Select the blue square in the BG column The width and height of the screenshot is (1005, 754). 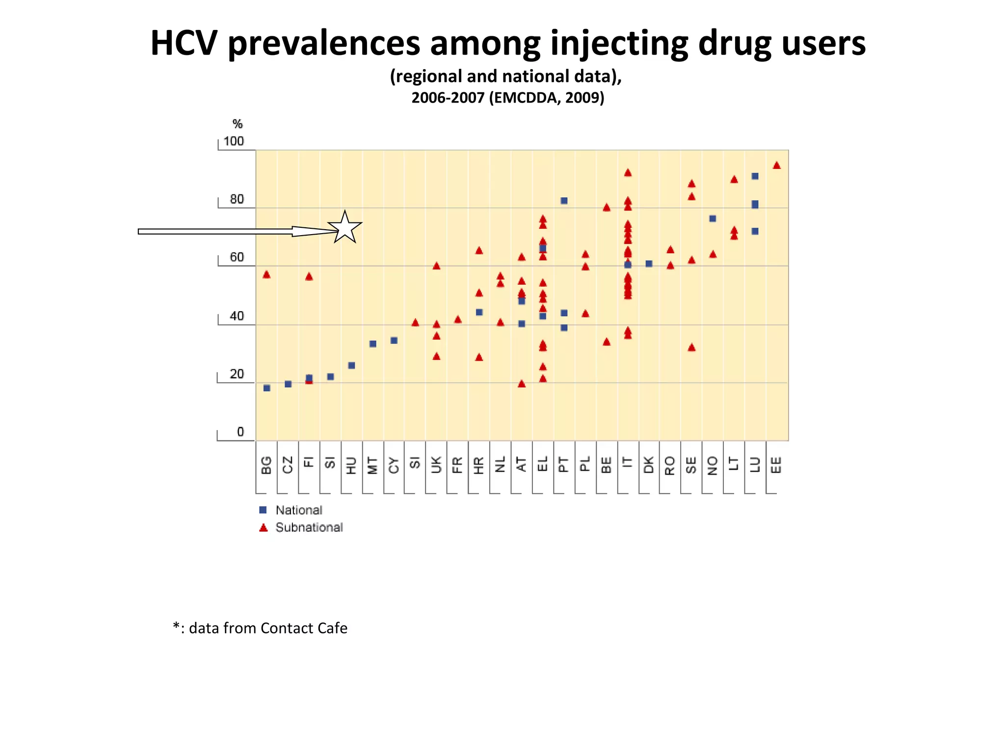click(x=267, y=388)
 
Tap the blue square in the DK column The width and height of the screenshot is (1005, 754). click(x=649, y=264)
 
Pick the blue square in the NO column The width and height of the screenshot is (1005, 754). click(x=713, y=218)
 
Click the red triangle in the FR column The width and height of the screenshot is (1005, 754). click(x=458, y=320)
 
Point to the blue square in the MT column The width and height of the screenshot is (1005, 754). click(x=373, y=344)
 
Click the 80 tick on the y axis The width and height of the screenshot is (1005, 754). click(x=237, y=199)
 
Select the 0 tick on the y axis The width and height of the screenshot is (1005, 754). click(x=240, y=432)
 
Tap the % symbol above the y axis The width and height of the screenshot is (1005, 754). click(x=238, y=124)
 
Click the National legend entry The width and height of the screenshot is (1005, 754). click(x=298, y=510)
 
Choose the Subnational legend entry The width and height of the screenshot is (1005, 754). click(x=309, y=527)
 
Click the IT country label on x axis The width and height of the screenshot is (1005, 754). click(x=627, y=464)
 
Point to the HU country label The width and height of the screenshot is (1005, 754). click(x=351, y=464)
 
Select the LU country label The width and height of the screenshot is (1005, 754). click(x=755, y=464)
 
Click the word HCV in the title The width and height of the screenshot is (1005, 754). click(x=184, y=43)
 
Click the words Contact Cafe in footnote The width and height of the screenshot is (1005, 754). click(x=304, y=628)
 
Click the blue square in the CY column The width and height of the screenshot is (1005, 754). click(x=394, y=340)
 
